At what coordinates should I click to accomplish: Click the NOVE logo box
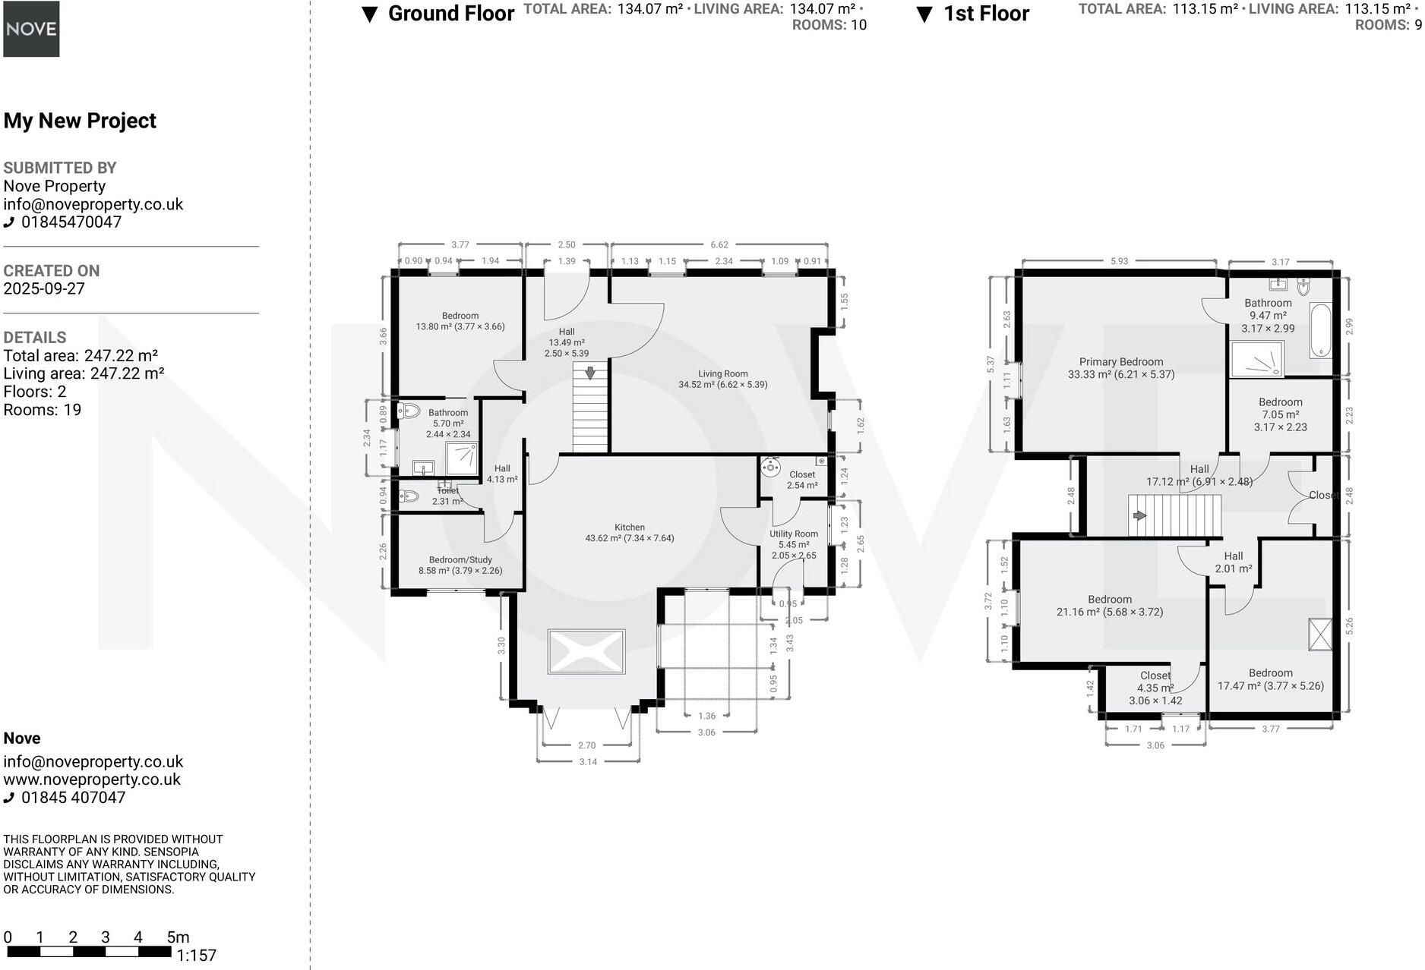pyautogui.click(x=31, y=29)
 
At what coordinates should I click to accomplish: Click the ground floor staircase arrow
pyautogui.click(x=590, y=373)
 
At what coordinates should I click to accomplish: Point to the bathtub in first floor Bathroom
pyautogui.click(x=1320, y=331)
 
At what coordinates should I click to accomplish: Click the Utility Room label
pyautogui.click(x=794, y=534)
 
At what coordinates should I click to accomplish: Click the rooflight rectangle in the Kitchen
pyautogui.click(x=586, y=651)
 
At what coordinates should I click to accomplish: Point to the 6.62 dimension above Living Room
pyautogui.click(x=719, y=244)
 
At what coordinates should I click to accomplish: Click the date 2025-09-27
pyautogui.click(x=44, y=289)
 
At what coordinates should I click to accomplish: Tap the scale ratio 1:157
pyautogui.click(x=197, y=956)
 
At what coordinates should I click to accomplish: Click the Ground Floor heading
pyautogui.click(x=450, y=14)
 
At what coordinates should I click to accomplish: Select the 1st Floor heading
pyautogui.click(x=985, y=14)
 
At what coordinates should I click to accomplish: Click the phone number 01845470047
pyautogui.click(x=71, y=222)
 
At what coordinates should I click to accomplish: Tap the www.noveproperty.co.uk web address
pyautogui.click(x=92, y=779)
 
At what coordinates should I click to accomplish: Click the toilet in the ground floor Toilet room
pyautogui.click(x=409, y=496)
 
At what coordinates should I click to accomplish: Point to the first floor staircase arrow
pyautogui.click(x=1139, y=515)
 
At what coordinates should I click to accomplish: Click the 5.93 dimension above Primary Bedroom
pyautogui.click(x=1119, y=261)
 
